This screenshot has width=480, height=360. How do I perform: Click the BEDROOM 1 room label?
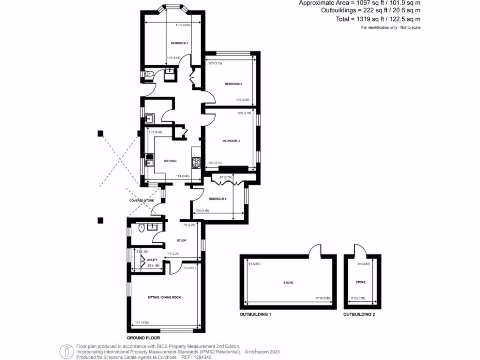[x=179, y=43]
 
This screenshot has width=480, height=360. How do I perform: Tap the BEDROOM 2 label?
[x=233, y=84]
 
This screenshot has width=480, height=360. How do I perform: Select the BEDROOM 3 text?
[x=231, y=141]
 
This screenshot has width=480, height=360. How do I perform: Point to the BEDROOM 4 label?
[x=217, y=199]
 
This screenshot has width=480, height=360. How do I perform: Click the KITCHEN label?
[x=170, y=161]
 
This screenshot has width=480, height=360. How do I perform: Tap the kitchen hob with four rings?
[x=196, y=163]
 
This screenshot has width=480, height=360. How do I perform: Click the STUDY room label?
[x=181, y=240]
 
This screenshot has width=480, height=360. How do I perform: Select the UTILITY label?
[x=152, y=259]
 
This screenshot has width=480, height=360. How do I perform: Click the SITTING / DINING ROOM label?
[x=164, y=297]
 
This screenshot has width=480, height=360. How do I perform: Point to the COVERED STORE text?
[x=142, y=201]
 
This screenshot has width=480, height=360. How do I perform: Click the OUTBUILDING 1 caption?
[x=255, y=315]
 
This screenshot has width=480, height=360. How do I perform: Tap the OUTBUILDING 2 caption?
[x=359, y=315]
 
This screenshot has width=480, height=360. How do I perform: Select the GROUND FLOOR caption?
[x=143, y=337]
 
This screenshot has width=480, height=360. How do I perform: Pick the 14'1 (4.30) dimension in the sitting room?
[x=142, y=322]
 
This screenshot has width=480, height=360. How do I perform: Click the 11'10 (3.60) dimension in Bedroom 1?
[x=183, y=25]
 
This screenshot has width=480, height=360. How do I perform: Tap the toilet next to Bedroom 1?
[x=150, y=74]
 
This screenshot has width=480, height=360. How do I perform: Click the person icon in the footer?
[x=67, y=351]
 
